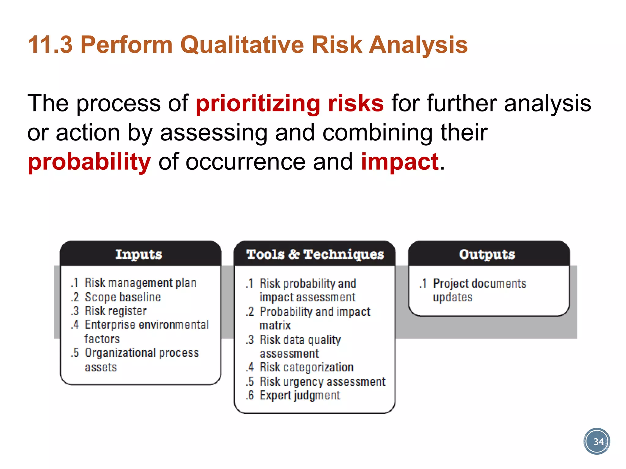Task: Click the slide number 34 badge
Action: point(597,442)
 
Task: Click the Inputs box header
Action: point(139,254)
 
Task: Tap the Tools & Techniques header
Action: point(315,254)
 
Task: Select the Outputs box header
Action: point(487,254)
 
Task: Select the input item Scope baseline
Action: point(123,297)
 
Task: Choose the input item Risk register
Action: point(116,311)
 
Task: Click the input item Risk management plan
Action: point(141,283)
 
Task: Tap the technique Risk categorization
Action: point(306,367)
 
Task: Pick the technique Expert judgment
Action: point(300,395)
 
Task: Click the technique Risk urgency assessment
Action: point(322,382)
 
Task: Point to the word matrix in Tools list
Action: point(275,325)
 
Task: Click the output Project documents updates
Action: point(479,290)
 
